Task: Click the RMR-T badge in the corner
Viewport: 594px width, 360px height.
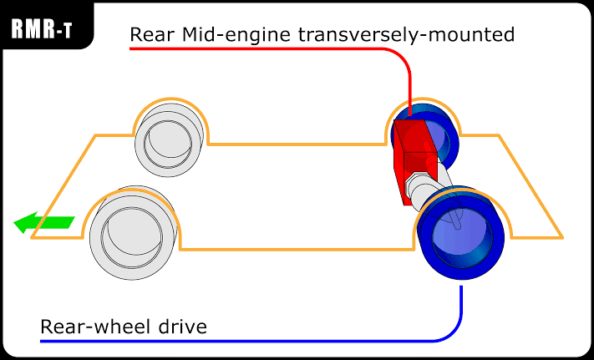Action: click(x=43, y=29)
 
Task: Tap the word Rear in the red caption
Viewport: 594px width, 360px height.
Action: click(x=152, y=36)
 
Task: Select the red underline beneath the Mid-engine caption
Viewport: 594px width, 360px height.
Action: click(x=251, y=48)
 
